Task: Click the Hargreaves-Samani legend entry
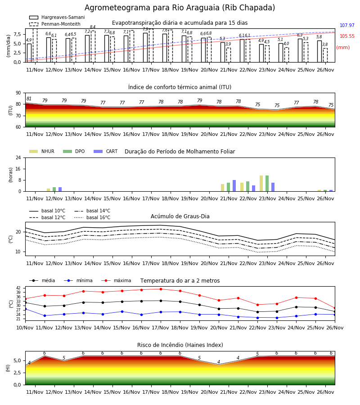coord(57,17)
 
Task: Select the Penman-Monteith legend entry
coord(55,24)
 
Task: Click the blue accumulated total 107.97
coord(347,25)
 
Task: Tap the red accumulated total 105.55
coord(347,36)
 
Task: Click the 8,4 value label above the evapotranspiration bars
coord(93,27)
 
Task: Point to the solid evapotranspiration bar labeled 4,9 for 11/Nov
coord(29,53)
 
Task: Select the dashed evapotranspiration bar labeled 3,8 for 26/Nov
coord(325,55)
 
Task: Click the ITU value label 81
coord(29,99)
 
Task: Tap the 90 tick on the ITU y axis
coord(18,93)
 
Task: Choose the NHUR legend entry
coord(42,151)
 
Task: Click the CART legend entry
coord(106,151)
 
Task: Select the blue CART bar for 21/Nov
coord(234,186)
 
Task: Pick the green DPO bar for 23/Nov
coord(267,184)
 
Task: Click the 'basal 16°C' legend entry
coord(92,217)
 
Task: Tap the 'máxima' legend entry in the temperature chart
coord(116,280)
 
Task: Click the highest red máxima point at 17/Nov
coord(161,289)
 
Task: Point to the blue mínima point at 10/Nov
coord(25,309)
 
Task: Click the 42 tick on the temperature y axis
coord(18,288)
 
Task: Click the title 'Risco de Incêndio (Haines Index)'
coord(180,345)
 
